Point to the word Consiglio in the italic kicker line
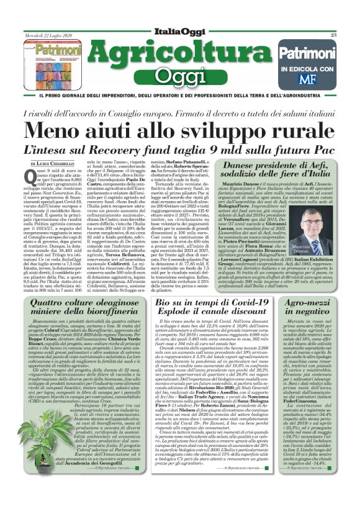click(137, 113)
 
